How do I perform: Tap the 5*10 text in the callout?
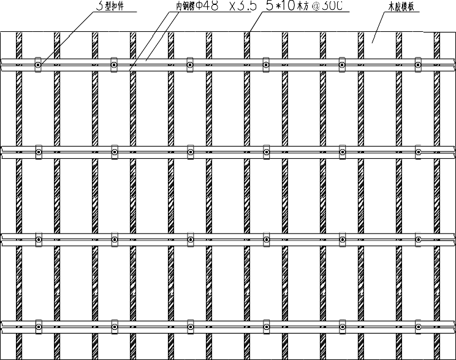(x=280, y=7)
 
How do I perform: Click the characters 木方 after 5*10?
(x=303, y=7)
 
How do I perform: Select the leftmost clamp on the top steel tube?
(x=38, y=64)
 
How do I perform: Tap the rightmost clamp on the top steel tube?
(x=418, y=64)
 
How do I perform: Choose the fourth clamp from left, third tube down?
(x=266, y=238)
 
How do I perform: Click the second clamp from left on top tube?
(x=114, y=64)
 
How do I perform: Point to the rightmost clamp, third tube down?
(x=418, y=238)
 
